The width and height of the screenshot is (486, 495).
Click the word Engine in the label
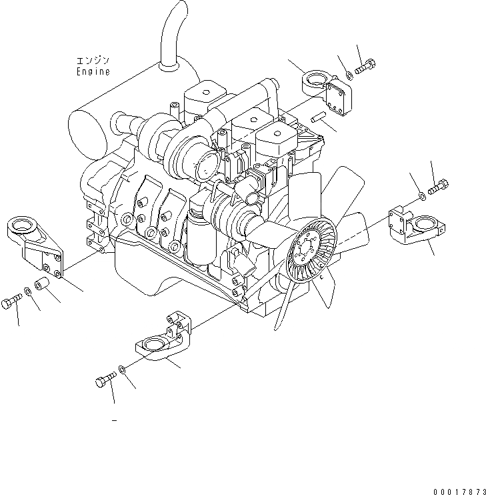click(x=93, y=71)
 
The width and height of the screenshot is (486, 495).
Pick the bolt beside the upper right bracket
click(x=366, y=67)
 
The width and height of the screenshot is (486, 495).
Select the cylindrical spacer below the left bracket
click(x=43, y=286)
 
